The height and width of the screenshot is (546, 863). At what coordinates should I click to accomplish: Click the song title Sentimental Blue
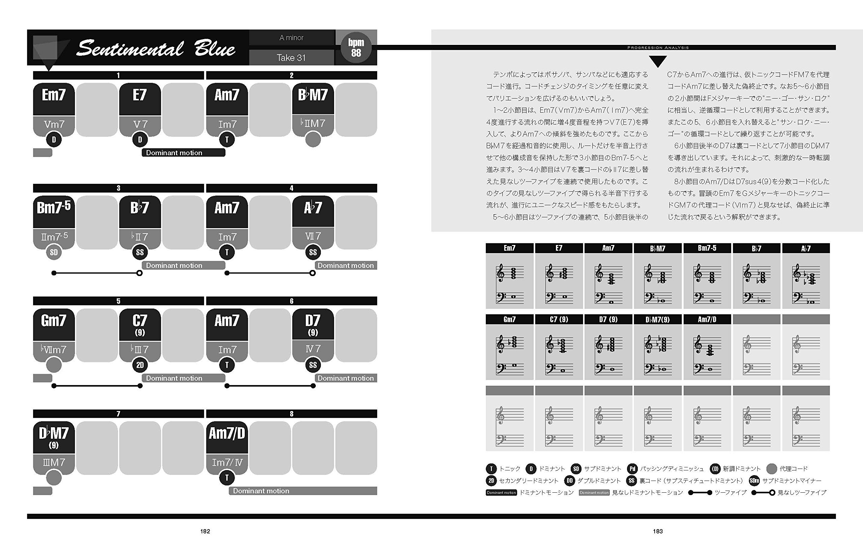(155, 49)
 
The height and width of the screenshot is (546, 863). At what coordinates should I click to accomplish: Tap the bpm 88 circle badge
(356, 47)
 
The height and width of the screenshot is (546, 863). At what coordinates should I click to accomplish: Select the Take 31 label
(291, 58)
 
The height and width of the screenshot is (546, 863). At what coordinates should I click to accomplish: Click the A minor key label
(291, 38)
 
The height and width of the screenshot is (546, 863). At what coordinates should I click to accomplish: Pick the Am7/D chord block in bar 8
(227, 434)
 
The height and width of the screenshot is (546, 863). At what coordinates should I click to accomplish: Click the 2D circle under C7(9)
(140, 365)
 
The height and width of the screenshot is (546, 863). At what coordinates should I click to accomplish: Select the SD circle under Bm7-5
(54, 252)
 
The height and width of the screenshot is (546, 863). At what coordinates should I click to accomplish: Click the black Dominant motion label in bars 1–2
(183, 153)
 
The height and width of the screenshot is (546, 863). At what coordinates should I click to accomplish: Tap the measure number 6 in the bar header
(291, 301)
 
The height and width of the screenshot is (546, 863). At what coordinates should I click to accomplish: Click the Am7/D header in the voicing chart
(707, 319)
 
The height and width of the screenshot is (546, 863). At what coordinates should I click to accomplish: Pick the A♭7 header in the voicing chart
(806, 248)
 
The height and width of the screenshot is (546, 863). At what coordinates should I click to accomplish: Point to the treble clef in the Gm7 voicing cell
(500, 344)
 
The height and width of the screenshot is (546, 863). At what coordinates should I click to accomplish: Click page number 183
(658, 531)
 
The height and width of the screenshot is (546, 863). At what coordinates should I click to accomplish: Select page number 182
(205, 531)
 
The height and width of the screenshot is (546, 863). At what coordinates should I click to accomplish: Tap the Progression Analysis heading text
(658, 47)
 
